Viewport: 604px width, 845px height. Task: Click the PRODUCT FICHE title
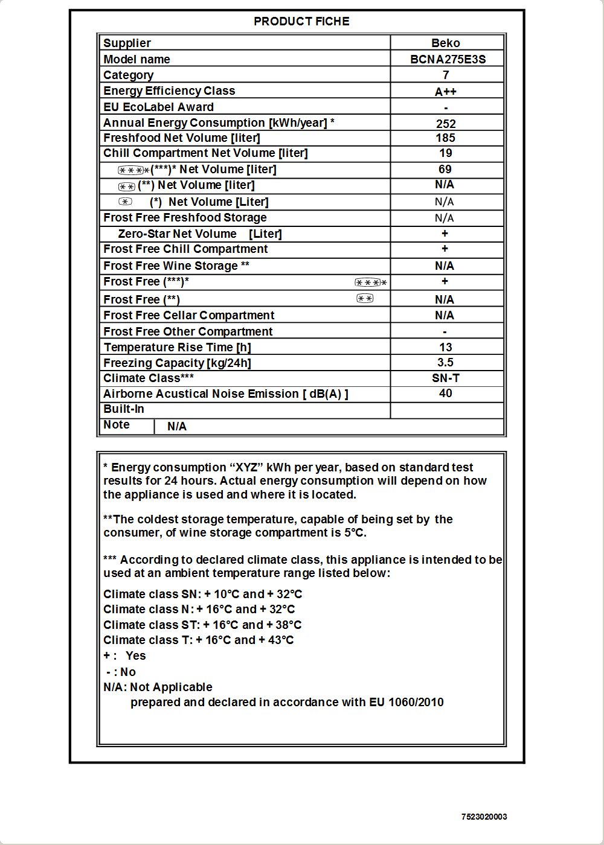(301, 21)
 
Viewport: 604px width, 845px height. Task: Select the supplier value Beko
(446, 43)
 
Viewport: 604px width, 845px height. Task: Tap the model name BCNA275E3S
(448, 59)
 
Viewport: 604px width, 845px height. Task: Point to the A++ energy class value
(446, 92)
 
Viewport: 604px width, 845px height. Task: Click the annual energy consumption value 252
(446, 124)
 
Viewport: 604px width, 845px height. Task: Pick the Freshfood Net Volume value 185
(446, 138)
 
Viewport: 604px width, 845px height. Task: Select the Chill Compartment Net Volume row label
(205, 153)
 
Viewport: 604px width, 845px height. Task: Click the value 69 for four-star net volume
(445, 170)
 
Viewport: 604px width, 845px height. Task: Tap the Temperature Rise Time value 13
(446, 347)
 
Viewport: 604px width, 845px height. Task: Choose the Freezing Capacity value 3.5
(446, 362)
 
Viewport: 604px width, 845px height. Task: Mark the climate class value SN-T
(446, 378)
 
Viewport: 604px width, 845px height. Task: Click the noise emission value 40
(446, 394)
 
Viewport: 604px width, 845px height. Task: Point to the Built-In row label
(124, 409)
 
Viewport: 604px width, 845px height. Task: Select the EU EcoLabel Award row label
(158, 107)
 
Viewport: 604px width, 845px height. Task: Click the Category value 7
(446, 75)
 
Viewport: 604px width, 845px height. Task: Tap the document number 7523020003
(484, 817)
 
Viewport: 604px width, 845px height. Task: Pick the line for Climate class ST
(202, 625)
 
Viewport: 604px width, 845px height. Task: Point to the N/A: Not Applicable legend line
(158, 687)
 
